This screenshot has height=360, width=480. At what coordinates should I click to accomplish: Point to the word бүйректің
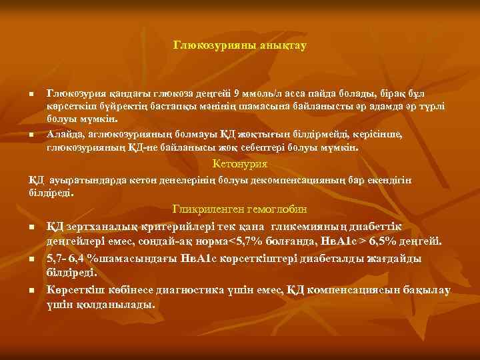pos(117,108)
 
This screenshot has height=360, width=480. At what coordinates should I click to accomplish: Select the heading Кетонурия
pos(239,163)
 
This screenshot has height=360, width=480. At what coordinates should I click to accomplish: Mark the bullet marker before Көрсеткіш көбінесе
pos(31,291)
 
